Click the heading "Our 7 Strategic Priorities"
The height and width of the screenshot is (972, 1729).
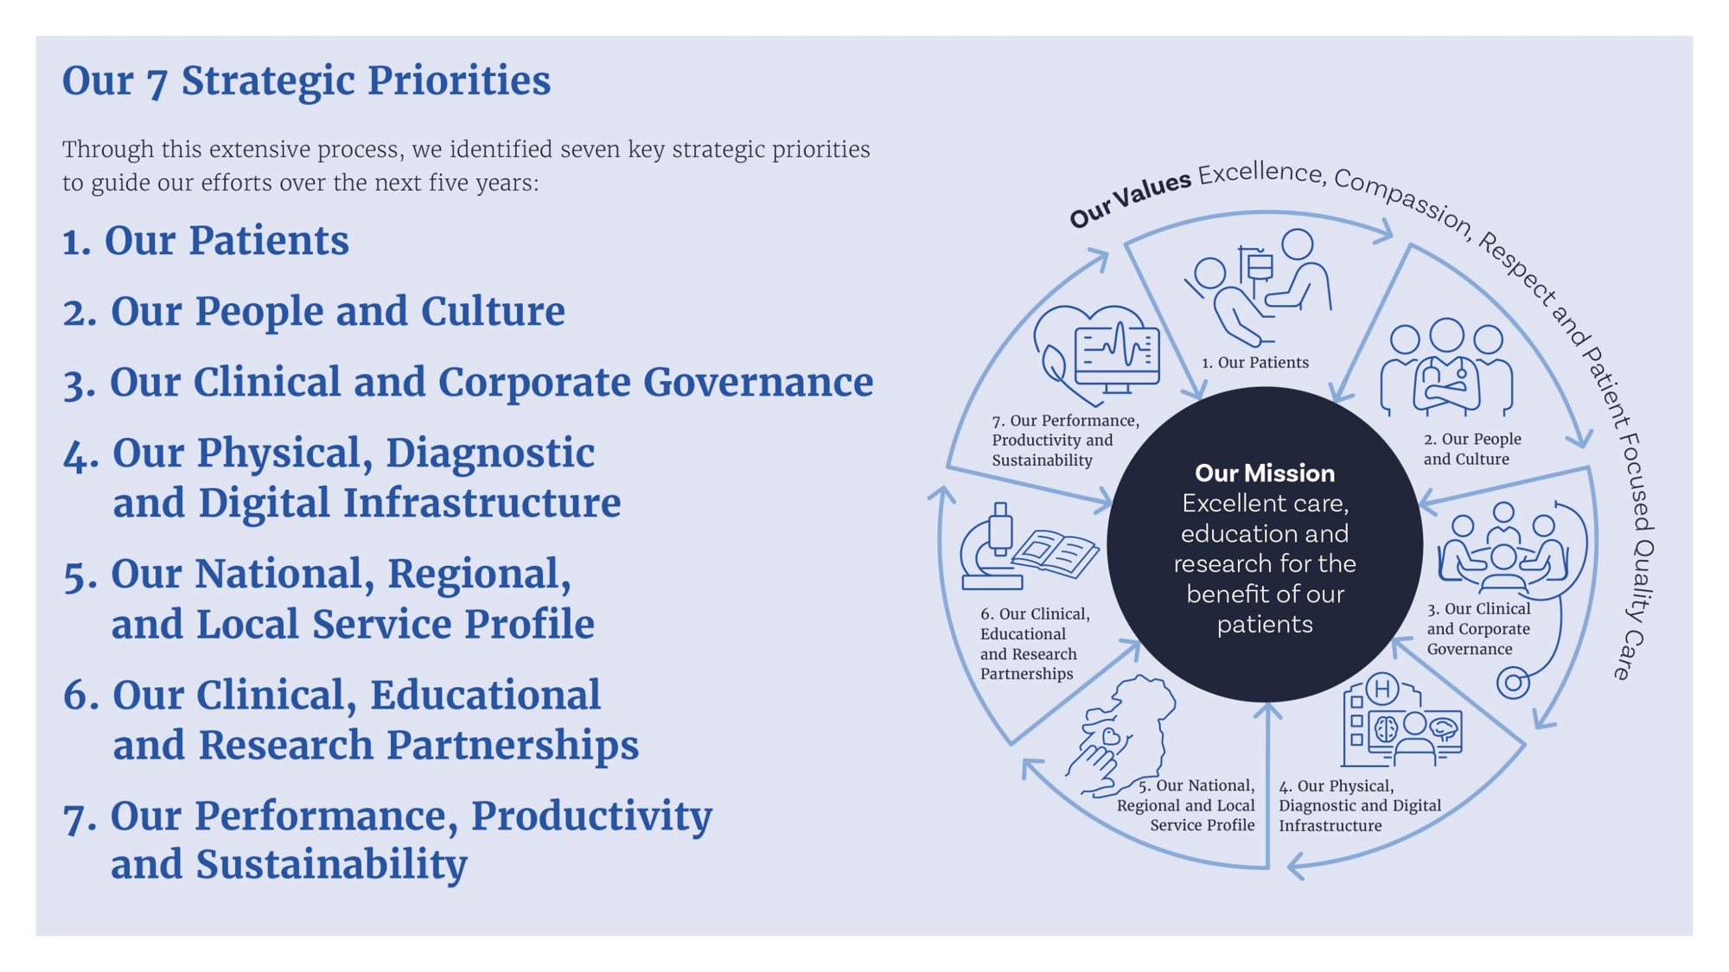coord(306,81)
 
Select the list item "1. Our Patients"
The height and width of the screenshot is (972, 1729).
coord(206,241)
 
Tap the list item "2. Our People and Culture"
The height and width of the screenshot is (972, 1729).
coord(314,312)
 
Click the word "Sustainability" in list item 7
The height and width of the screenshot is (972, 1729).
coord(332,865)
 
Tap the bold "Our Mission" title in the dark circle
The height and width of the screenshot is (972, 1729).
coord(1265,473)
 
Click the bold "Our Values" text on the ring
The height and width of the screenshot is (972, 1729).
coord(1130,199)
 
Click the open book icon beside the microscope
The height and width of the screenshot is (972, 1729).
coord(1056,553)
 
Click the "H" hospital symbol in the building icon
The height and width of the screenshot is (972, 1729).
coord(1381,689)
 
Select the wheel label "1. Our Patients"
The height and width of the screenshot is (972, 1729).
coord(1255,363)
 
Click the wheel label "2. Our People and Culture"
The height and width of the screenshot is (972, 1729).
coord(1472,449)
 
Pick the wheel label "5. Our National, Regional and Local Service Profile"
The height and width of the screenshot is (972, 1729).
coord(1186,805)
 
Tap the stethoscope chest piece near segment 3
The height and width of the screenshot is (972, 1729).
coord(1513,683)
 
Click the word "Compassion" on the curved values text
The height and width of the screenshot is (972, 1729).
coord(1402,204)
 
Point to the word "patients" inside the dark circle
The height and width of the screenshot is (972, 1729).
coord(1265,625)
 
